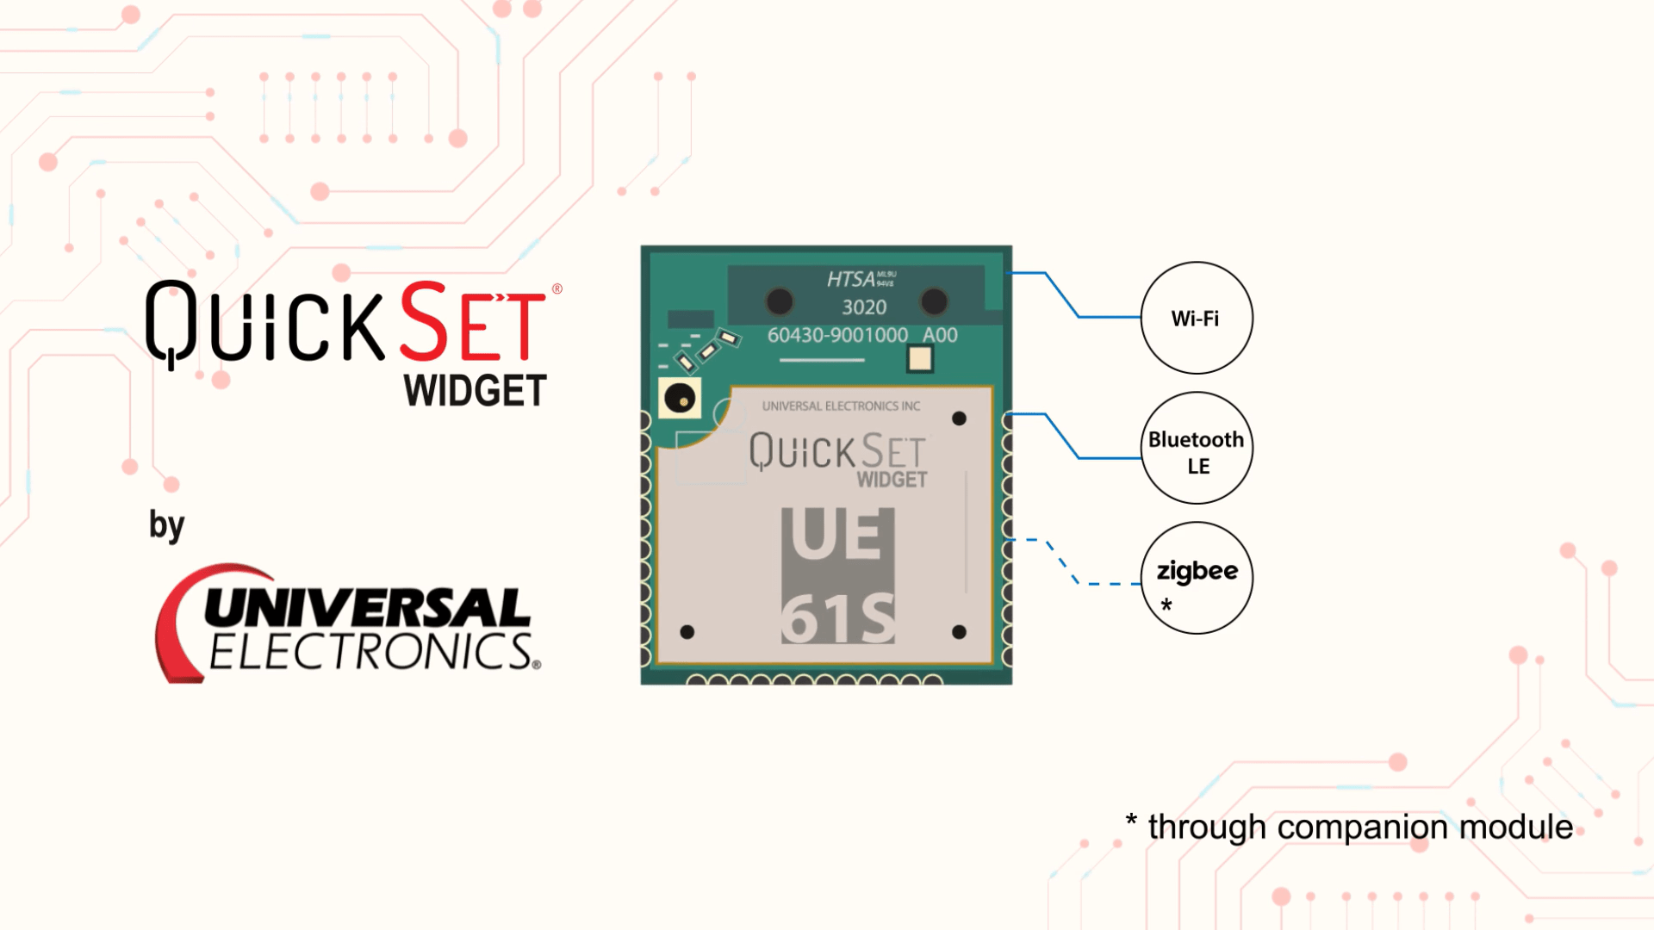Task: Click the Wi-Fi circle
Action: [1197, 318]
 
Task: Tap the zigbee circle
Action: [1197, 577]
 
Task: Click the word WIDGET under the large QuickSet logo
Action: [475, 392]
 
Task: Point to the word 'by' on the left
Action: [166, 525]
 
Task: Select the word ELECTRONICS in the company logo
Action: [370, 652]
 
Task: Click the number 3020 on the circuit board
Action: [864, 307]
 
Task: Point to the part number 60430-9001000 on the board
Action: [837, 335]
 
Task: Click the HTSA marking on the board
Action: [851, 279]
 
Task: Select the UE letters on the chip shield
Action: [836, 535]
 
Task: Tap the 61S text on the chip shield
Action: [837, 618]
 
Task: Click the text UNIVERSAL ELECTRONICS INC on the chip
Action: [841, 406]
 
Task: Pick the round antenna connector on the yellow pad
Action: [680, 399]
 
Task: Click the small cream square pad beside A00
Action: [920, 358]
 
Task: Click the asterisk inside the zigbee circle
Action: [1166, 604]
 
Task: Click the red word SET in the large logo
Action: [472, 322]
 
